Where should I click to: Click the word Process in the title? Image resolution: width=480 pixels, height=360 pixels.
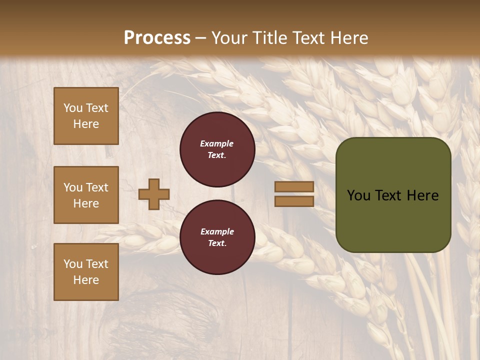[157, 37]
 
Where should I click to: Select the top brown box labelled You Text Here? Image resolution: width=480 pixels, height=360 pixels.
[86, 116]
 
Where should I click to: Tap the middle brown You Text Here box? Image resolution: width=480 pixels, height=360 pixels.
[86, 195]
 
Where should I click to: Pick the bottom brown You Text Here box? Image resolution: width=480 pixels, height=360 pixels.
[86, 272]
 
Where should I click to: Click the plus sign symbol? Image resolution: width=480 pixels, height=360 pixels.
[154, 194]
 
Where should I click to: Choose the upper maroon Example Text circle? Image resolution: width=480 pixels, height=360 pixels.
[217, 149]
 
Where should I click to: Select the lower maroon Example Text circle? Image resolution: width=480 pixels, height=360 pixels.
[217, 237]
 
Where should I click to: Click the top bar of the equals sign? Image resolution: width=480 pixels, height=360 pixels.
[294, 186]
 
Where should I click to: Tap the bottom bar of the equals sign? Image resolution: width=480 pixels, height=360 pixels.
[294, 201]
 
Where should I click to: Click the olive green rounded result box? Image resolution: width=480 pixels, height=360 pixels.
[393, 220]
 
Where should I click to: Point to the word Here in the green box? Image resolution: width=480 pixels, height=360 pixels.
[422, 195]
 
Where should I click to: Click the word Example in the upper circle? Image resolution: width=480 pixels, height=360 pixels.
[217, 143]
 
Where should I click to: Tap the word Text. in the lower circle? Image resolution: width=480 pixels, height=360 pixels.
[217, 243]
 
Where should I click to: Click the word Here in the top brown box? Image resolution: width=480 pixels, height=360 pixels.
[86, 124]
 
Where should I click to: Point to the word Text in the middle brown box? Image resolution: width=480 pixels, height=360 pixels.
[97, 187]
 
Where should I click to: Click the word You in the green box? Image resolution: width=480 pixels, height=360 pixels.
[358, 195]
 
